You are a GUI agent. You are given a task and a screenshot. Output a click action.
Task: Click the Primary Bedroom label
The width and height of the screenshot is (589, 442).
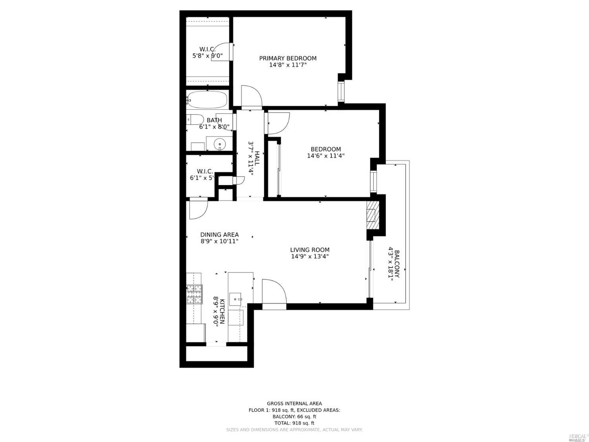287,58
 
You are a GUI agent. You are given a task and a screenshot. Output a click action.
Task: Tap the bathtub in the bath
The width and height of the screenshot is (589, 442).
207,100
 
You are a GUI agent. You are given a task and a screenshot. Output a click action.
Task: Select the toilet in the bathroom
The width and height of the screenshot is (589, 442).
195,119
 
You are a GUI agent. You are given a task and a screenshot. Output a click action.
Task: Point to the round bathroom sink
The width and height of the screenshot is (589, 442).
220,144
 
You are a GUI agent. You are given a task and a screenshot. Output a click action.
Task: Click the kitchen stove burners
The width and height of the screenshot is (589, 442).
194,294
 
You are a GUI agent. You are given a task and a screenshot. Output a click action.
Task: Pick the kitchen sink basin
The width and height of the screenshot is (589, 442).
236,299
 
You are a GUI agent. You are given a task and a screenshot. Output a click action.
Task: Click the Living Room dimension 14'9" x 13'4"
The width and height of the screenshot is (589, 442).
309,256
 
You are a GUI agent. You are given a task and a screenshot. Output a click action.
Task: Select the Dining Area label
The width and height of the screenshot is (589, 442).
220,235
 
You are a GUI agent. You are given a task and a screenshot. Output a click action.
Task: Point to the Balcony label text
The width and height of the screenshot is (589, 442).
397,264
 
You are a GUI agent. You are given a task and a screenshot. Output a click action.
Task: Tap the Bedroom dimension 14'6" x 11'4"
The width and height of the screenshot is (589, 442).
326,156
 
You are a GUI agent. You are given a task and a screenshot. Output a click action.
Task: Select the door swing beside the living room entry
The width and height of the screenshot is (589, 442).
274,291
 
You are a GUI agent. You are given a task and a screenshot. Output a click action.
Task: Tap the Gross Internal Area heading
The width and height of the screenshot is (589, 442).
294,403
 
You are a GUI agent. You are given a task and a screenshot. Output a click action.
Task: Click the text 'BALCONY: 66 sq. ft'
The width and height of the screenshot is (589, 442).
294,416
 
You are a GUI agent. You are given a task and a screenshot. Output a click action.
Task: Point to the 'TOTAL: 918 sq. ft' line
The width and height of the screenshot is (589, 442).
294,423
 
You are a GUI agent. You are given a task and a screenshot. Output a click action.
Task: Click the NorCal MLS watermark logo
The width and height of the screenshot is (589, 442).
578,437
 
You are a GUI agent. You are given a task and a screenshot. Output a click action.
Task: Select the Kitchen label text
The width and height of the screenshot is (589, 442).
221,311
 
